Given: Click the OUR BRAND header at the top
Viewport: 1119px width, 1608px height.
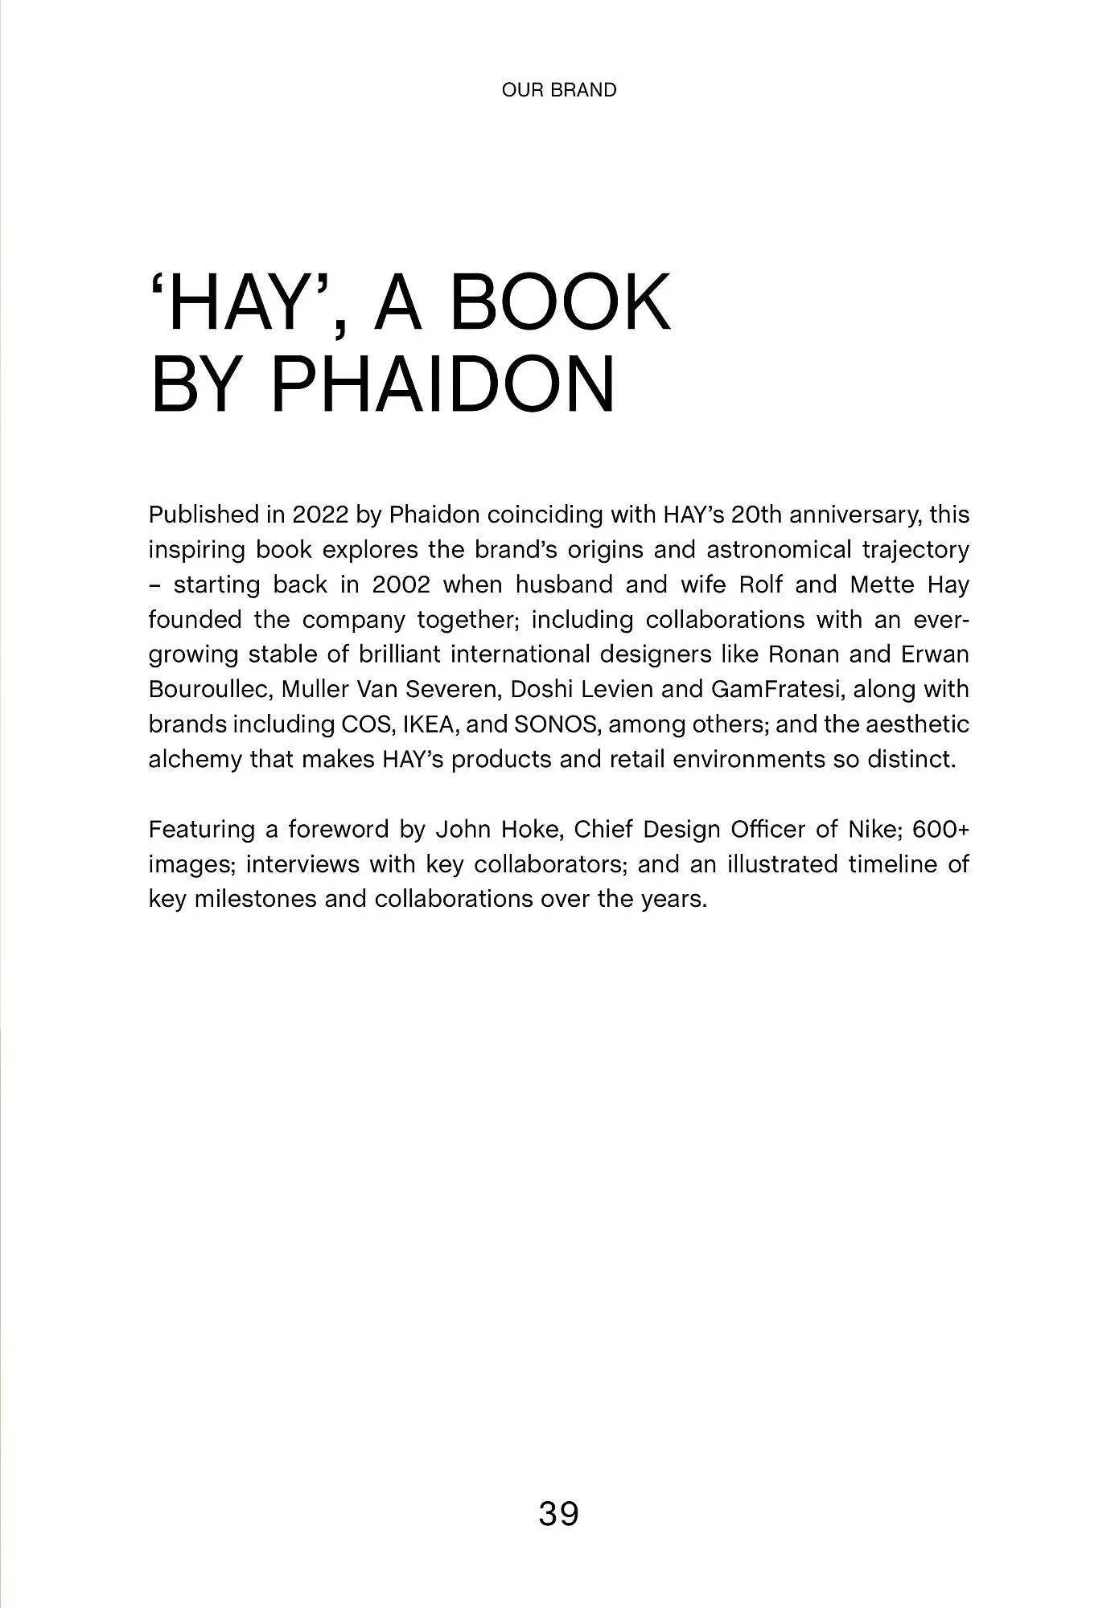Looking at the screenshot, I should [x=559, y=90].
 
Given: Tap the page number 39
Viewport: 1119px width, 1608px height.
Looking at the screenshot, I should [x=559, y=1513].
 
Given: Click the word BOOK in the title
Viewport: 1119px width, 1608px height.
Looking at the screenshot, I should [x=560, y=303].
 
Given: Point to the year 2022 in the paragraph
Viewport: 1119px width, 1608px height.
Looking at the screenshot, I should [x=320, y=515].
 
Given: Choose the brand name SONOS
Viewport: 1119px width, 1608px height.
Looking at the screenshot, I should [x=557, y=724].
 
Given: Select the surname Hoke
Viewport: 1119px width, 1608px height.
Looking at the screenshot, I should [x=529, y=829].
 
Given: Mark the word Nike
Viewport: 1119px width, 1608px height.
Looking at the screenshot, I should [x=870, y=829].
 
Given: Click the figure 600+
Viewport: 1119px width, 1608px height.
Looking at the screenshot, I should [x=941, y=829].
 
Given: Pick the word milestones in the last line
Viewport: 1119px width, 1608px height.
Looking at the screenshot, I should [x=256, y=899].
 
